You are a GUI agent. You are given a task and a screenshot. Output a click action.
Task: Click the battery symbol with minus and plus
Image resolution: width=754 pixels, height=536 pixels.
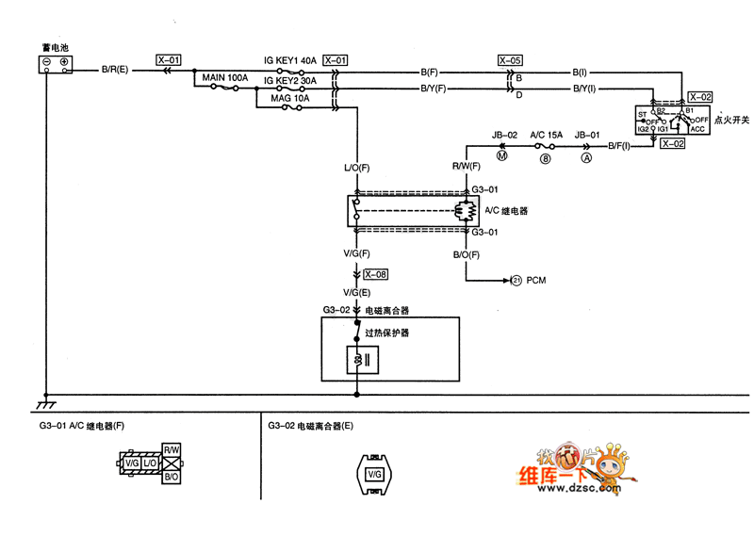[x=55, y=63]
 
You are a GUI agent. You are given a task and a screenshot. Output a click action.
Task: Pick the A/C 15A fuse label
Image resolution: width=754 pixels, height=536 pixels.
[x=546, y=135]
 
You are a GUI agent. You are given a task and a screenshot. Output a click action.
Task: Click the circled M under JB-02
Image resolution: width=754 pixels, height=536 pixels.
[x=501, y=157]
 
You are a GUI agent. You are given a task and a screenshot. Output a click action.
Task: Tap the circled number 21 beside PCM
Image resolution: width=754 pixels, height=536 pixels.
[x=516, y=280]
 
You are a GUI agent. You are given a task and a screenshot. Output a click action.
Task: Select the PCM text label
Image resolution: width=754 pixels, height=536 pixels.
[x=536, y=280]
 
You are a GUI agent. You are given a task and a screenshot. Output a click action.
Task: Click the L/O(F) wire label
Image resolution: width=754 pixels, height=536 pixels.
[x=356, y=167]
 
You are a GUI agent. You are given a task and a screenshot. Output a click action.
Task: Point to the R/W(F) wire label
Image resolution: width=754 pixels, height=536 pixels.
[x=467, y=167]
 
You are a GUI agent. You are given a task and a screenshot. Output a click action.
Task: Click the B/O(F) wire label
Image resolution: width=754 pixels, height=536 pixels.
[x=467, y=254]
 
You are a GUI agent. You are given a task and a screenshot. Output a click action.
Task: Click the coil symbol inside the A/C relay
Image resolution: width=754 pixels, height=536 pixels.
[x=463, y=211]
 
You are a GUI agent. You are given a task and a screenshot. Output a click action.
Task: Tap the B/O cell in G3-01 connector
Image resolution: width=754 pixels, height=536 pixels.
[x=172, y=478]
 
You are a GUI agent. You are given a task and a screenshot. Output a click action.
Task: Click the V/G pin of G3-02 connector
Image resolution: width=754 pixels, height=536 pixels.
[x=373, y=474]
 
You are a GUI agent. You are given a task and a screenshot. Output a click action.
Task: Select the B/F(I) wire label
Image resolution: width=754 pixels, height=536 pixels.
[x=623, y=145]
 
